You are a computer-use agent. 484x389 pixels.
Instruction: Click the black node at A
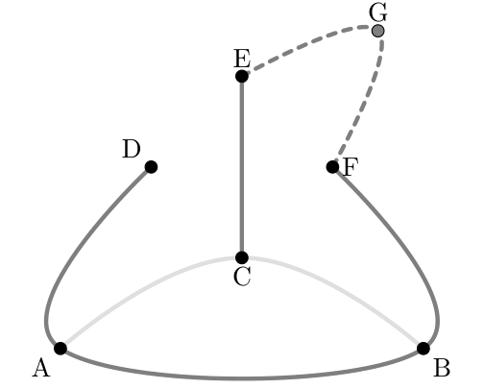click(x=60, y=349)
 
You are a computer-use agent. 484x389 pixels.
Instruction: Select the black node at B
click(x=423, y=349)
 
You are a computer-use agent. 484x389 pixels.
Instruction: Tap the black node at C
click(x=242, y=257)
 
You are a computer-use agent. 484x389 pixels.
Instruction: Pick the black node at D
click(x=151, y=167)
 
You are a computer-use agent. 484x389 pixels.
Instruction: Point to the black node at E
click(x=242, y=76)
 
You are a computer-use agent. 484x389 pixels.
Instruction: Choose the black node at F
click(x=333, y=167)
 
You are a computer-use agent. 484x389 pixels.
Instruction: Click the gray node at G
click(x=378, y=31)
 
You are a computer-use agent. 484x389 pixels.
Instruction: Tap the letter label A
click(x=41, y=368)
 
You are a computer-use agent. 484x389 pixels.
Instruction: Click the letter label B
click(x=442, y=368)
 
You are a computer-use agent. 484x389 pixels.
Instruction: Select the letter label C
click(x=242, y=277)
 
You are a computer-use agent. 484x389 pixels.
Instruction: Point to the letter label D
click(x=132, y=149)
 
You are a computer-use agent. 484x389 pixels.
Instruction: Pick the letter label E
click(x=242, y=59)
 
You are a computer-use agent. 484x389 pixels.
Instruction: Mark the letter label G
click(x=378, y=12)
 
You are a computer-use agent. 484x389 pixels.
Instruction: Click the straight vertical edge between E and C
click(x=242, y=167)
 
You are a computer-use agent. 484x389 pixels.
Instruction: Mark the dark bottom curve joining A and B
click(x=242, y=378)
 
